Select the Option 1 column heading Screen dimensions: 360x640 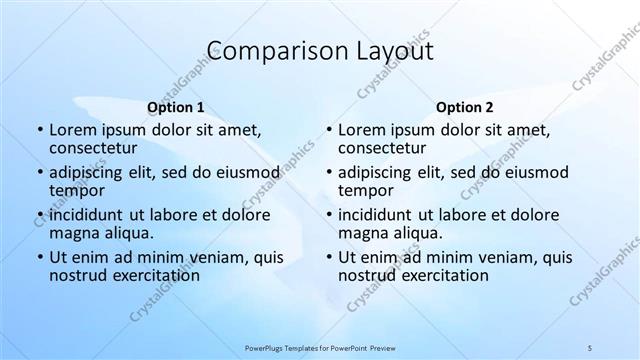tap(175, 107)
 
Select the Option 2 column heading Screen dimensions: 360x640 tap(464, 107)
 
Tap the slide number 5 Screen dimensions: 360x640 tap(590, 347)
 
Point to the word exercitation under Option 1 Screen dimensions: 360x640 tap(150, 275)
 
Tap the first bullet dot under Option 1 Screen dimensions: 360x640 tap(39, 131)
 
